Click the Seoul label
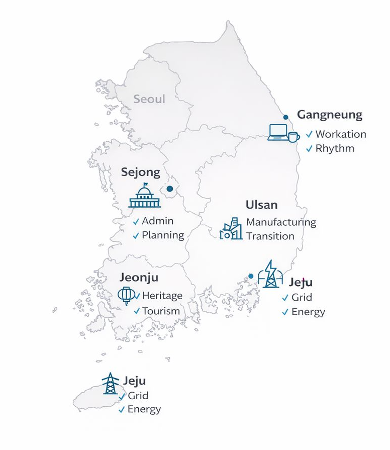click(x=149, y=99)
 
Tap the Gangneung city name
click(x=329, y=115)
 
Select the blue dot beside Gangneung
click(x=286, y=117)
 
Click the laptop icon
click(x=277, y=132)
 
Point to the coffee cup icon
click(x=294, y=136)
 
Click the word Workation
click(x=341, y=134)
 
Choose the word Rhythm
click(x=335, y=148)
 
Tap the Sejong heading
click(x=141, y=172)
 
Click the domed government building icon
click(x=145, y=197)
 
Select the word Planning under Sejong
click(x=163, y=235)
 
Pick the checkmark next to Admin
click(x=136, y=222)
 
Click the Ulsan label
click(x=261, y=205)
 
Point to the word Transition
click(x=270, y=236)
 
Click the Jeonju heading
click(x=139, y=277)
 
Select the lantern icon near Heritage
click(x=126, y=295)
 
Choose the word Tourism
click(x=161, y=311)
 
